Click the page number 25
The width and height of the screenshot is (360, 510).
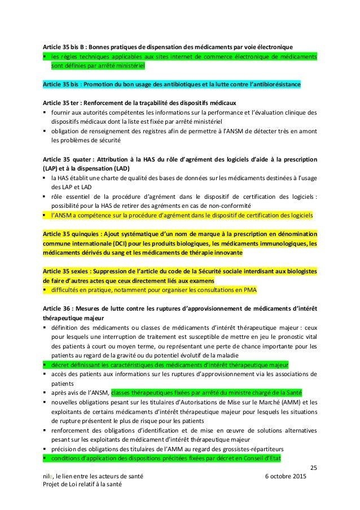click(313, 467)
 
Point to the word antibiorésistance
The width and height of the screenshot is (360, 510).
click(272, 84)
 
